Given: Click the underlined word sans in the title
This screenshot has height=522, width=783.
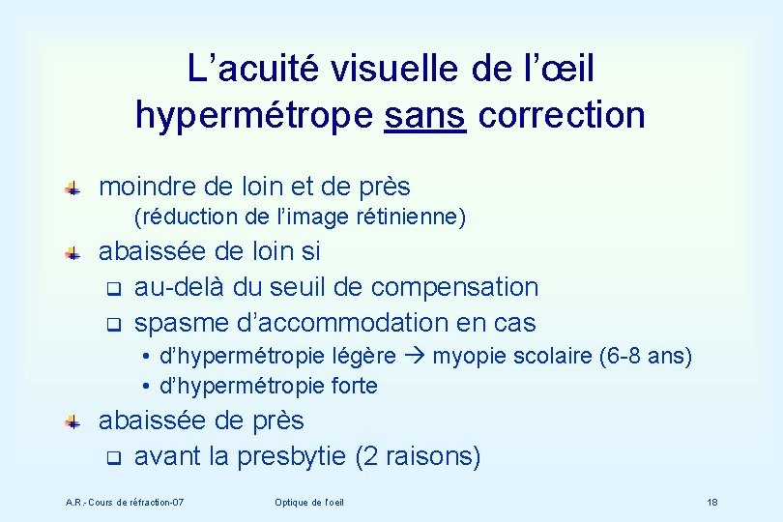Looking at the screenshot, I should (x=426, y=115).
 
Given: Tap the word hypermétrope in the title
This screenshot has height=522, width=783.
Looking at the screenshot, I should (x=253, y=115).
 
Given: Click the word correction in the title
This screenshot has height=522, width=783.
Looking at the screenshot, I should (x=562, y=115).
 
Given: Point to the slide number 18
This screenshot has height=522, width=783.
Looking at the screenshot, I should (x=711, y=503).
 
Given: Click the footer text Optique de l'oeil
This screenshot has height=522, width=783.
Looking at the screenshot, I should (x=309, y=503).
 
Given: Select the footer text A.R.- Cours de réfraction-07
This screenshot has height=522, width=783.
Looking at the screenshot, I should (x=125, y=503).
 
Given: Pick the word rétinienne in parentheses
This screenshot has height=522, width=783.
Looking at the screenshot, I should (x=418, y=217).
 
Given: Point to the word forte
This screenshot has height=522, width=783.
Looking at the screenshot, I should (x=352, y=386).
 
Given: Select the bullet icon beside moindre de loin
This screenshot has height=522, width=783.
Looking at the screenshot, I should (x=72, y=188).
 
